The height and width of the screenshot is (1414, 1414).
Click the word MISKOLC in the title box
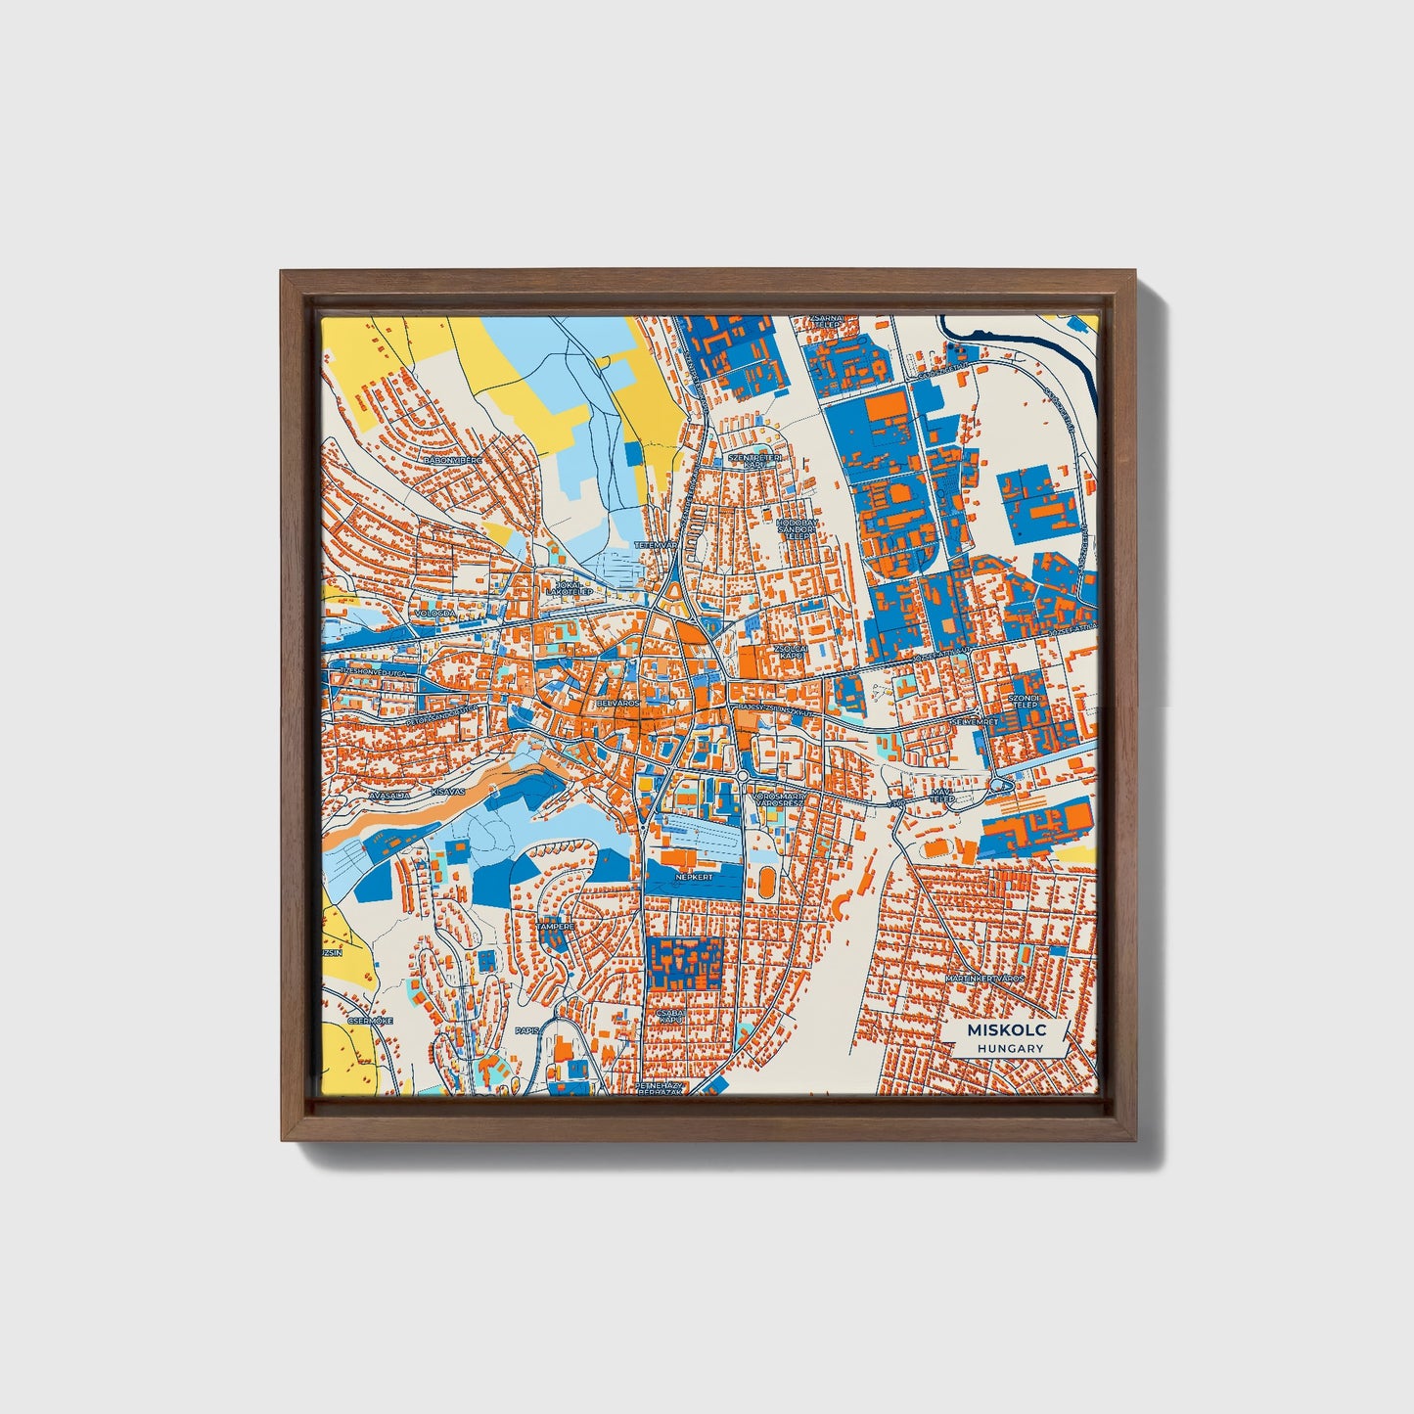[1007, 1030]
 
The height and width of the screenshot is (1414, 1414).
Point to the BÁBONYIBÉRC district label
[454, 458]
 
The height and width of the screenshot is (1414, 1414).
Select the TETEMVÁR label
[656, 544]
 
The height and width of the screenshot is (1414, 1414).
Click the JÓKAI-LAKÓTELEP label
[570, 588]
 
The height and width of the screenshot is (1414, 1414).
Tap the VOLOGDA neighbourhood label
[435, 614]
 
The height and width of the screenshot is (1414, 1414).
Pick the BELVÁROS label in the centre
[617, 703]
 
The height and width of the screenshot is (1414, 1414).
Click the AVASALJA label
[388, 796]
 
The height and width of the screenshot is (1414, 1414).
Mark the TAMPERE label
[554, 925]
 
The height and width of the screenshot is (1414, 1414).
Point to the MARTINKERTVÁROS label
[984, 978]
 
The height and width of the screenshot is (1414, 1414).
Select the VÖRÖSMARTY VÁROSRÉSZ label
[776, 799]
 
